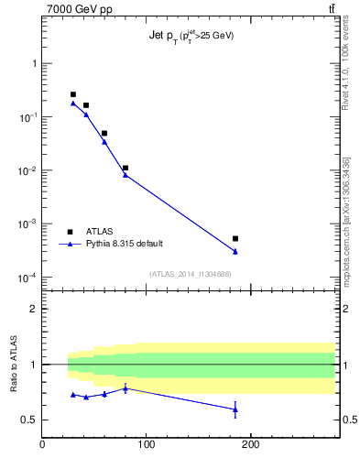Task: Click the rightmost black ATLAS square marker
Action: [235, 239]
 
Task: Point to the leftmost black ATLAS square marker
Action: [73, 94]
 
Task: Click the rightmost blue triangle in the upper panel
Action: [235, 251]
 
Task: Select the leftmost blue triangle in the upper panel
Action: [73, 103]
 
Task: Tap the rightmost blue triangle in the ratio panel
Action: [235, 409]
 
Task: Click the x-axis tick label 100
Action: [146, 446]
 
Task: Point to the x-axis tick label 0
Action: [42, 446]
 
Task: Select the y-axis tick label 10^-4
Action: [28, 278]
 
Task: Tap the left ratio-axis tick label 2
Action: [34, 309]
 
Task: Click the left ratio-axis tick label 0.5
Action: [30, 420]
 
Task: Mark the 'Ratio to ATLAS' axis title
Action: [14, 364]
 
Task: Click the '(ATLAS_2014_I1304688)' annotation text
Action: [190, 274]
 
